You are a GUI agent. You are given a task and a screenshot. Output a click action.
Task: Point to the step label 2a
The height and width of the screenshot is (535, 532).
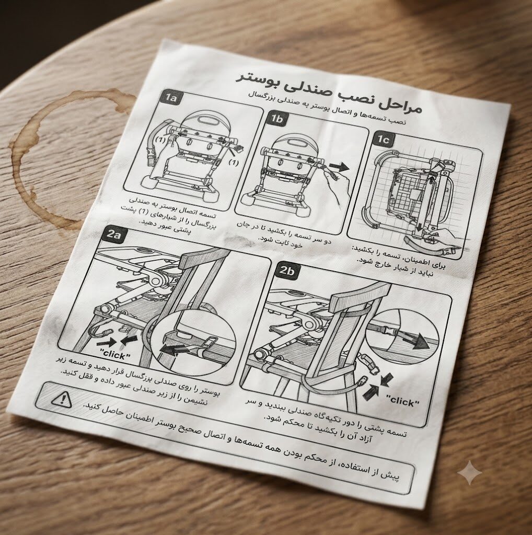pos(113,234)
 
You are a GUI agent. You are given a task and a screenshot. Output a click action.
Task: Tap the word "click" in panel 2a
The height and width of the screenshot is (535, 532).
pos(115,354)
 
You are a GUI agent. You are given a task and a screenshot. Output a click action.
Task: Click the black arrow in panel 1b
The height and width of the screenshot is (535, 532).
pos(339,167)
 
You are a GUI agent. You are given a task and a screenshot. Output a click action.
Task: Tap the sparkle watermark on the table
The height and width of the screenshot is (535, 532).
pos(470,472)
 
